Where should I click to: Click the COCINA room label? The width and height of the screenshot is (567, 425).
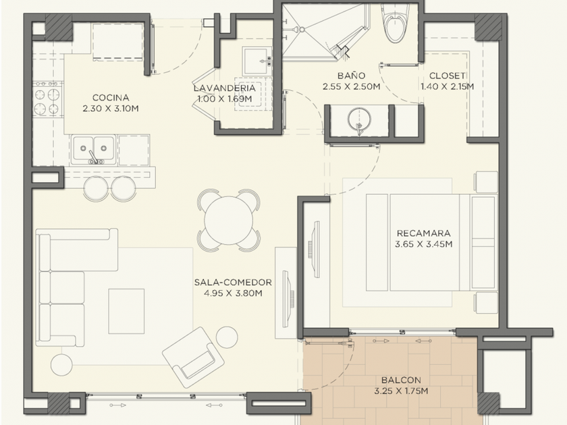click(111, 98)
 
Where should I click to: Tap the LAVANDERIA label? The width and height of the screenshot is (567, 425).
click(224, 88)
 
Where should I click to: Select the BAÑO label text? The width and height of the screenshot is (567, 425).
click(351, 76)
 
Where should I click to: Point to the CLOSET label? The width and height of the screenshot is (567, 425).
click(447, 76)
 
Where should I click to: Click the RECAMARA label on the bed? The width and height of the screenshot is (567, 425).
click(424, 233)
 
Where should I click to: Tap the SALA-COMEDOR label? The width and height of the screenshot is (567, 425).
click(233, 282)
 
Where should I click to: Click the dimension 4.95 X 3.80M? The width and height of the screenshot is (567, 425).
click(233, 293)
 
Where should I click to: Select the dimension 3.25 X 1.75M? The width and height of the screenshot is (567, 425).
click(401, 391)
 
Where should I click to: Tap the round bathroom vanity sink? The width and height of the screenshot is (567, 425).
click(358, 119)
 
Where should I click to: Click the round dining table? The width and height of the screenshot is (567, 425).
click(229, 220)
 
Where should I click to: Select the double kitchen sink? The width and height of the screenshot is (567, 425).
click(94, 150)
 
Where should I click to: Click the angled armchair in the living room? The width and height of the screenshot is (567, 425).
click(193, 357)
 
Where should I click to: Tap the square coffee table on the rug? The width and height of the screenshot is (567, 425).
click(127, 311)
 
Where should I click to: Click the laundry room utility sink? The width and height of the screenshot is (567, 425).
click(256, 60)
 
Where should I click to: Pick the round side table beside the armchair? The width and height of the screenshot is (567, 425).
click(227, 337)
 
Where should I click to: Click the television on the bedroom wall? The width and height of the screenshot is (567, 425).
click(315, 250)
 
